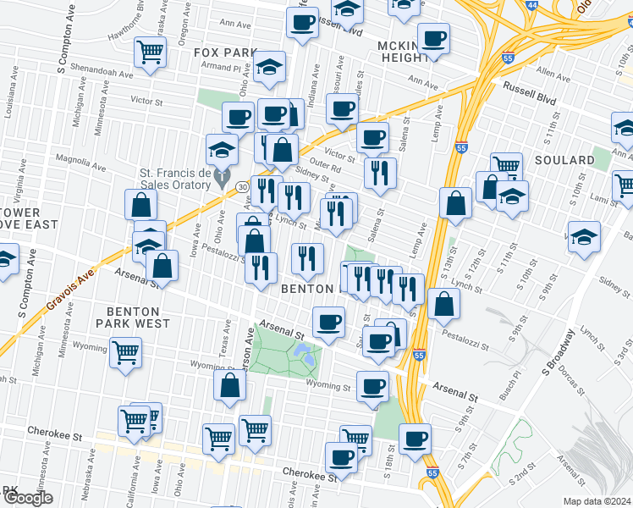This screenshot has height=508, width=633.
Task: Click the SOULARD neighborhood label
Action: click(564, 160)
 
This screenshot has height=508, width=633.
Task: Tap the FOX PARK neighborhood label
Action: click(224, 52)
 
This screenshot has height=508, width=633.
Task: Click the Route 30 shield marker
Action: click(242, 186)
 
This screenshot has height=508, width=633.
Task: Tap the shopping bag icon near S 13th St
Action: click(455, 202)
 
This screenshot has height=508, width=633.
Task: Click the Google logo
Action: click(27, 498)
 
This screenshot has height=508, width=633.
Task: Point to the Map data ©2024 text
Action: click(597, 501)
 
